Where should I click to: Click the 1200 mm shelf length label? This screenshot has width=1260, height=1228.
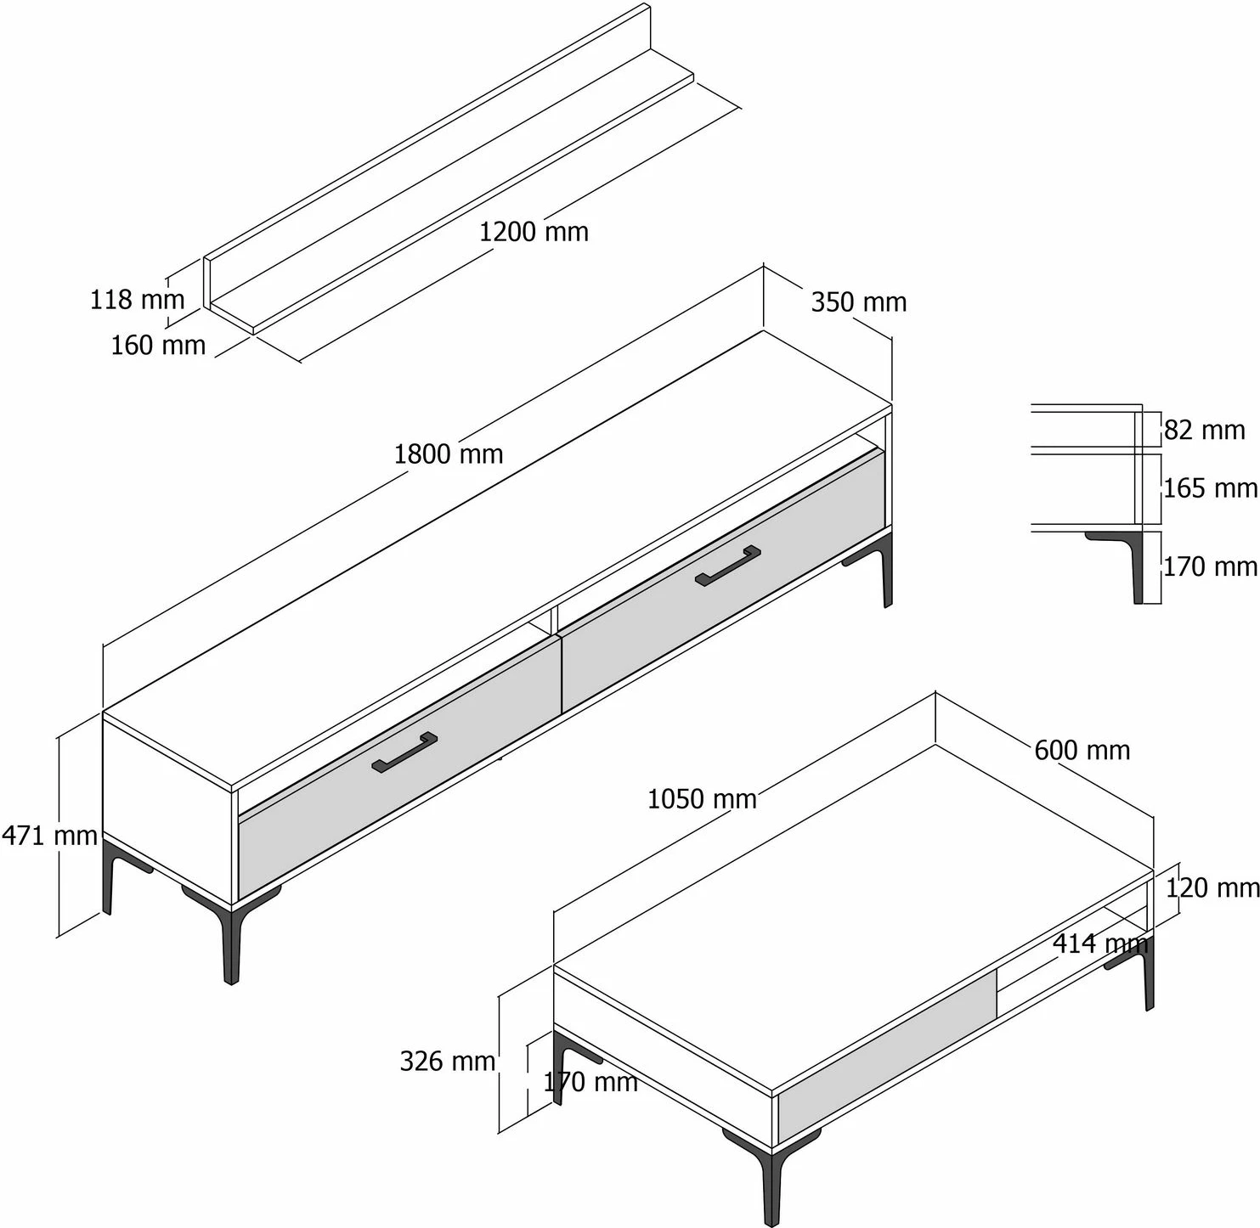534,232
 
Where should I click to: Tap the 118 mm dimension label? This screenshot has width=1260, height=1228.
138,300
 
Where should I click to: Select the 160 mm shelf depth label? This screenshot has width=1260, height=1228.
158,345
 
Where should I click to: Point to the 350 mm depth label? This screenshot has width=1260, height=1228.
859,302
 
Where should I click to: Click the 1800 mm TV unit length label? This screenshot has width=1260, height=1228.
449,454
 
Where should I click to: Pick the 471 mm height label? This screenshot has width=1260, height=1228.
49,836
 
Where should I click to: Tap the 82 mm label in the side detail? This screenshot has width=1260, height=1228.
1204,430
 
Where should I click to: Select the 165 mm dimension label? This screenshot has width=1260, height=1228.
1210,488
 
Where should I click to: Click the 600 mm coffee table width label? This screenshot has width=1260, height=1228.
1082,750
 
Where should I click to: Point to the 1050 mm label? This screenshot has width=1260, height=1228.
702,799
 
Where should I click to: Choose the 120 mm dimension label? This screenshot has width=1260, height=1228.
1212,887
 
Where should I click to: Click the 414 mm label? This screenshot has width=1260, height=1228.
1100,944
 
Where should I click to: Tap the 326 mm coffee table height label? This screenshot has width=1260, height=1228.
448,1061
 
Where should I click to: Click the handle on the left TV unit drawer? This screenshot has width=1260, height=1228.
404,752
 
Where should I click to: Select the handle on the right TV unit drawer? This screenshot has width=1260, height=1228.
728,566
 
